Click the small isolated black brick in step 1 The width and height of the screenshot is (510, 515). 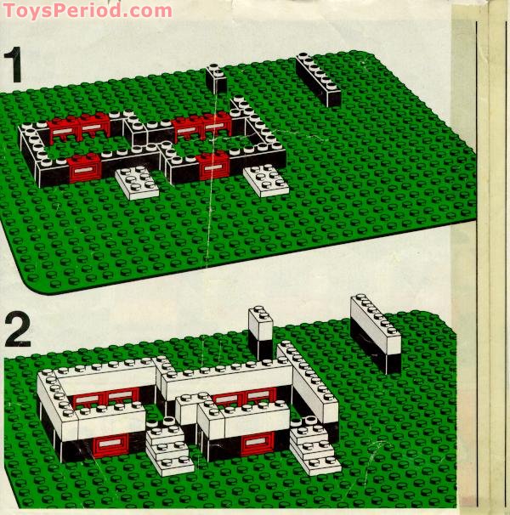click(216, 80)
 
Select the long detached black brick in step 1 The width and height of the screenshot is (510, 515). click(319, 80)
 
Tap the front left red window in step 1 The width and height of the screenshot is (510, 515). click(84, 168)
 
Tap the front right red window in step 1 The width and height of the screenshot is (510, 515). click(212, 165)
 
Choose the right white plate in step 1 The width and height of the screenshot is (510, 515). click(267, 180)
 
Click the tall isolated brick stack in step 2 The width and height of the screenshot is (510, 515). click(261, 332)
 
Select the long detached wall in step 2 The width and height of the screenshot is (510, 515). click(375, 333)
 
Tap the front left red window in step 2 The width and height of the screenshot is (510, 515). click(111, 444)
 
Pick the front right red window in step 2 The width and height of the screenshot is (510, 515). click(256, 442)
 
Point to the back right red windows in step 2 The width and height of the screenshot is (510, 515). click(245, 396)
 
